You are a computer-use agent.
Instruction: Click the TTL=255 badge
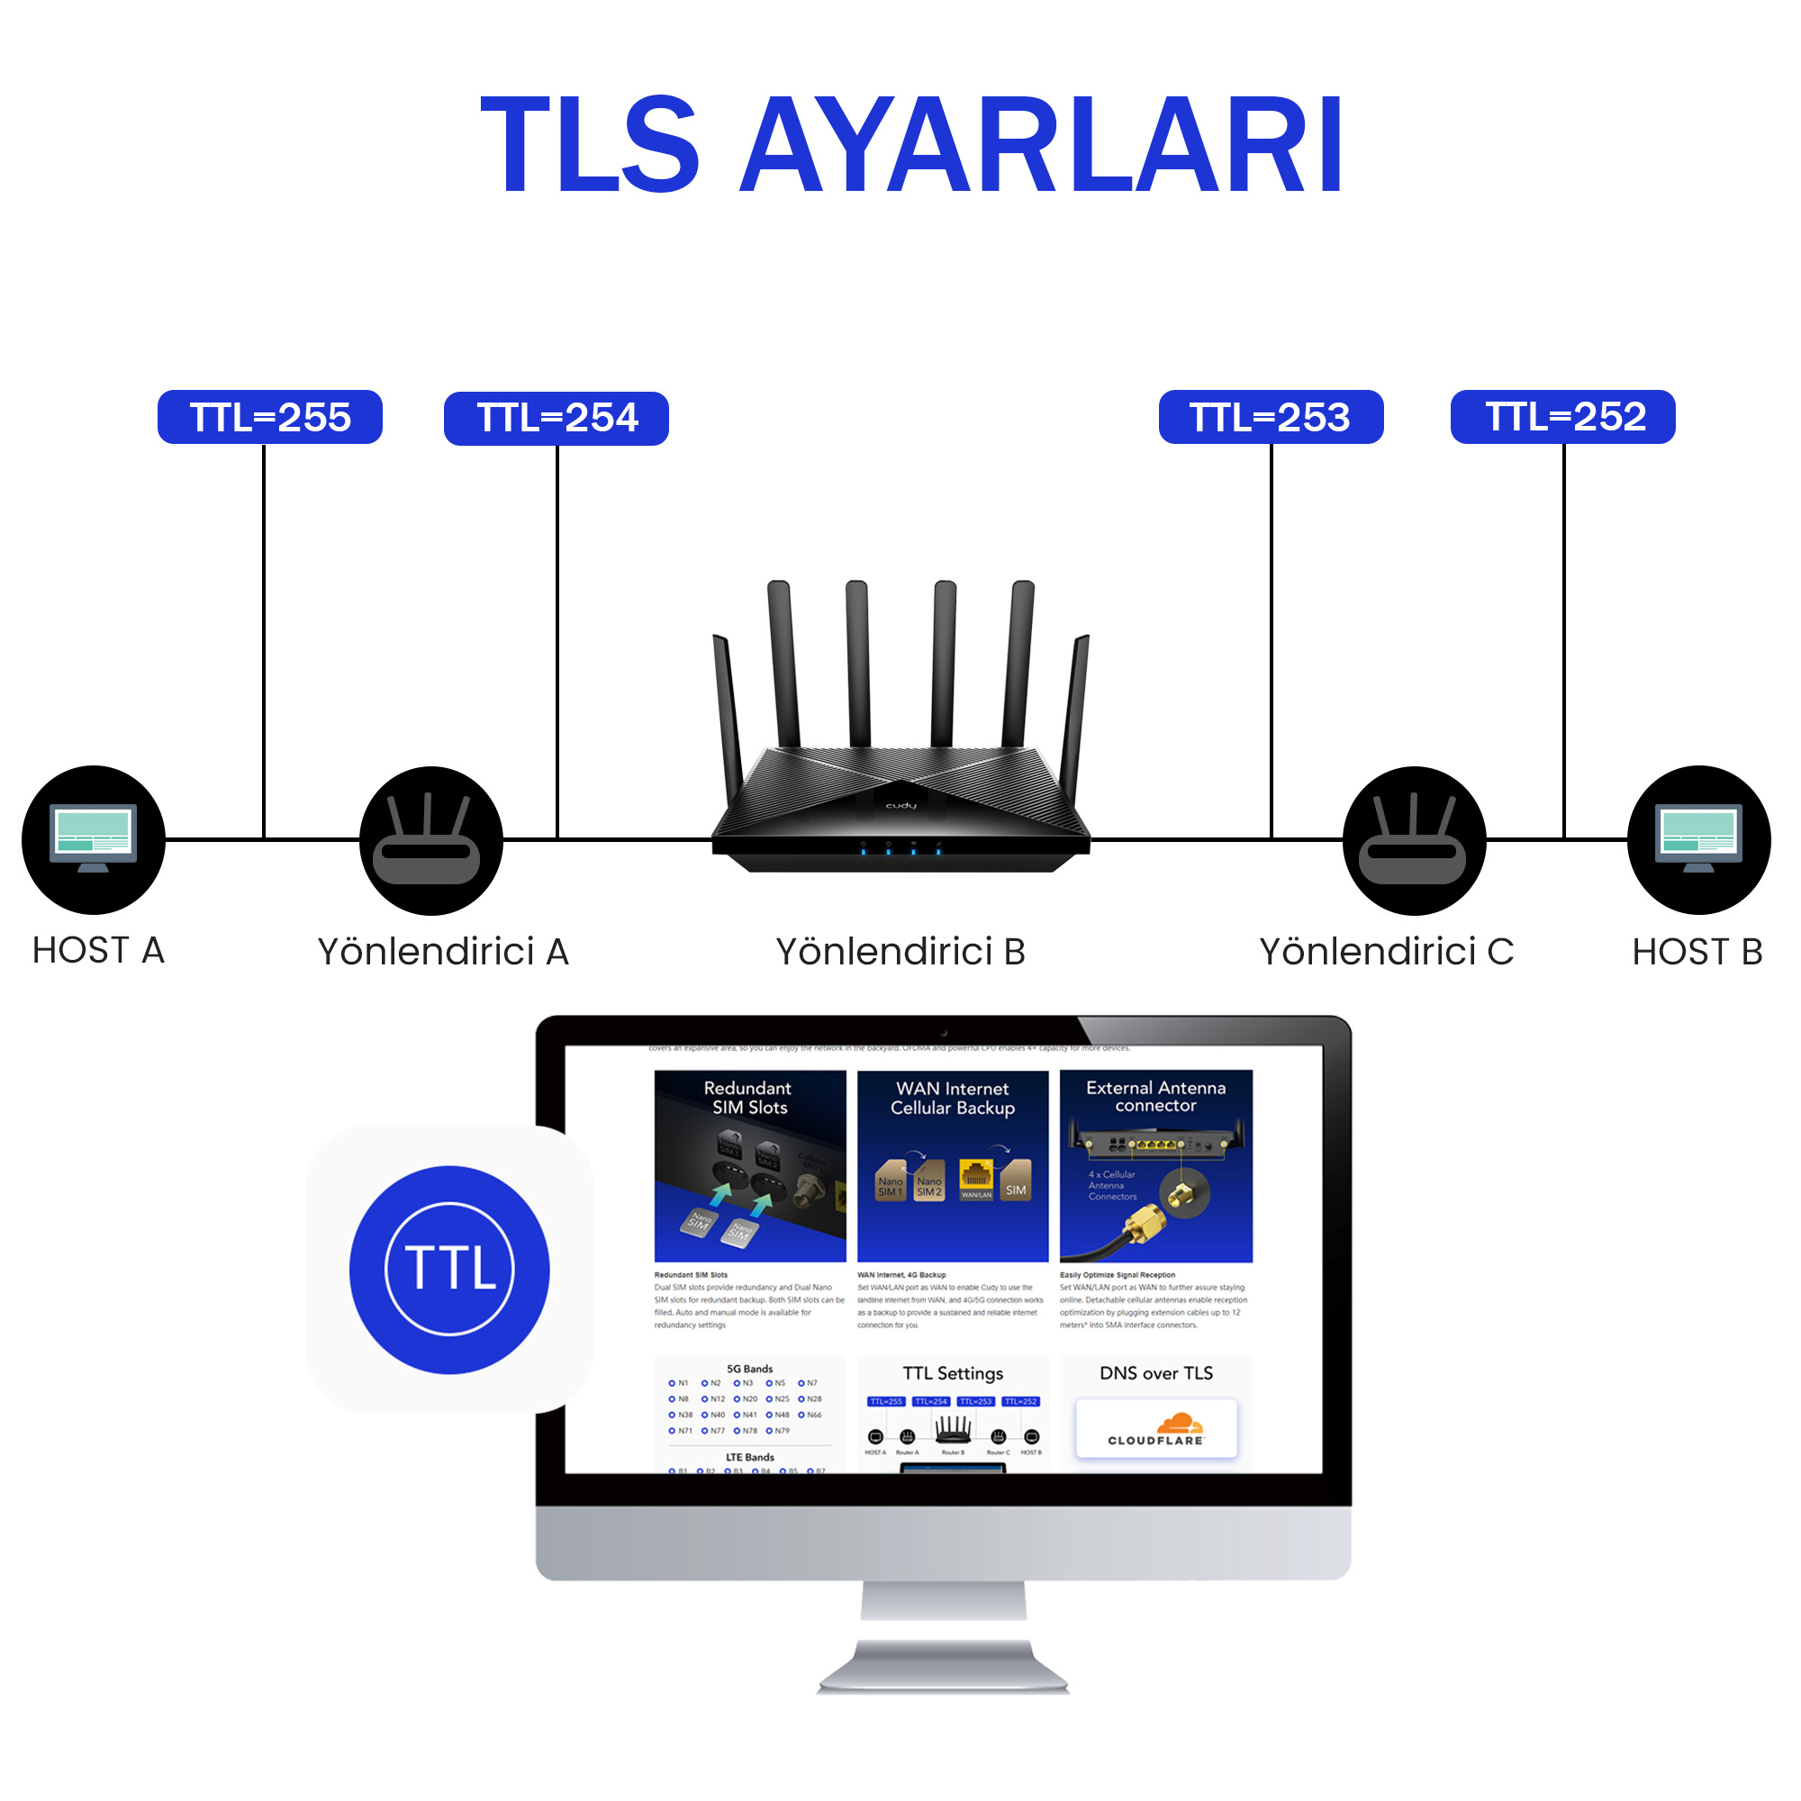pos(269,417)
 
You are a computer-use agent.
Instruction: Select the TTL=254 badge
pos(557,418)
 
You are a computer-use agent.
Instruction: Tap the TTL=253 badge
pos(1271,417)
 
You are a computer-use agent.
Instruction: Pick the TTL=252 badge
pos(1563,417)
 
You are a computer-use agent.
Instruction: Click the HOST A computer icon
pos(94,839)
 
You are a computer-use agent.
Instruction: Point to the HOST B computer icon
pos(1698,839)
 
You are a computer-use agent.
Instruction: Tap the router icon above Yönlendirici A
pos(430,840)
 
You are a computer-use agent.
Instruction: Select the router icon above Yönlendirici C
pos(1414,840)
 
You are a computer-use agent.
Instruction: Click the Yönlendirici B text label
pos(900,952)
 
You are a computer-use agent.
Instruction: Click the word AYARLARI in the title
pos(1041,147)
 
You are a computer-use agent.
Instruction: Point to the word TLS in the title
pos(590,147)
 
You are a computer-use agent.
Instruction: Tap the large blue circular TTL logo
pos(449,1270)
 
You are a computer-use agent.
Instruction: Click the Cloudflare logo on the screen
pos(1156,1428)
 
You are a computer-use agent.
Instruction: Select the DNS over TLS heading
pos(1156,1373)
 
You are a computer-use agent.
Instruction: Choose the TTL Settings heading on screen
pos(953,1373)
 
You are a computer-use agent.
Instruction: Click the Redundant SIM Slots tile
pos(749,1165)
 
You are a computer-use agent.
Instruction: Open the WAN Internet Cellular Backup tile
pos(953,1165)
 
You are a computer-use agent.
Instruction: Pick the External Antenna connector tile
pos(1156,1165)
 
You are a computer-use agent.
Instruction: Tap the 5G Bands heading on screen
pos(749,1369)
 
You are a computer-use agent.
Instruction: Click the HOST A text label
pos(98,951)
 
